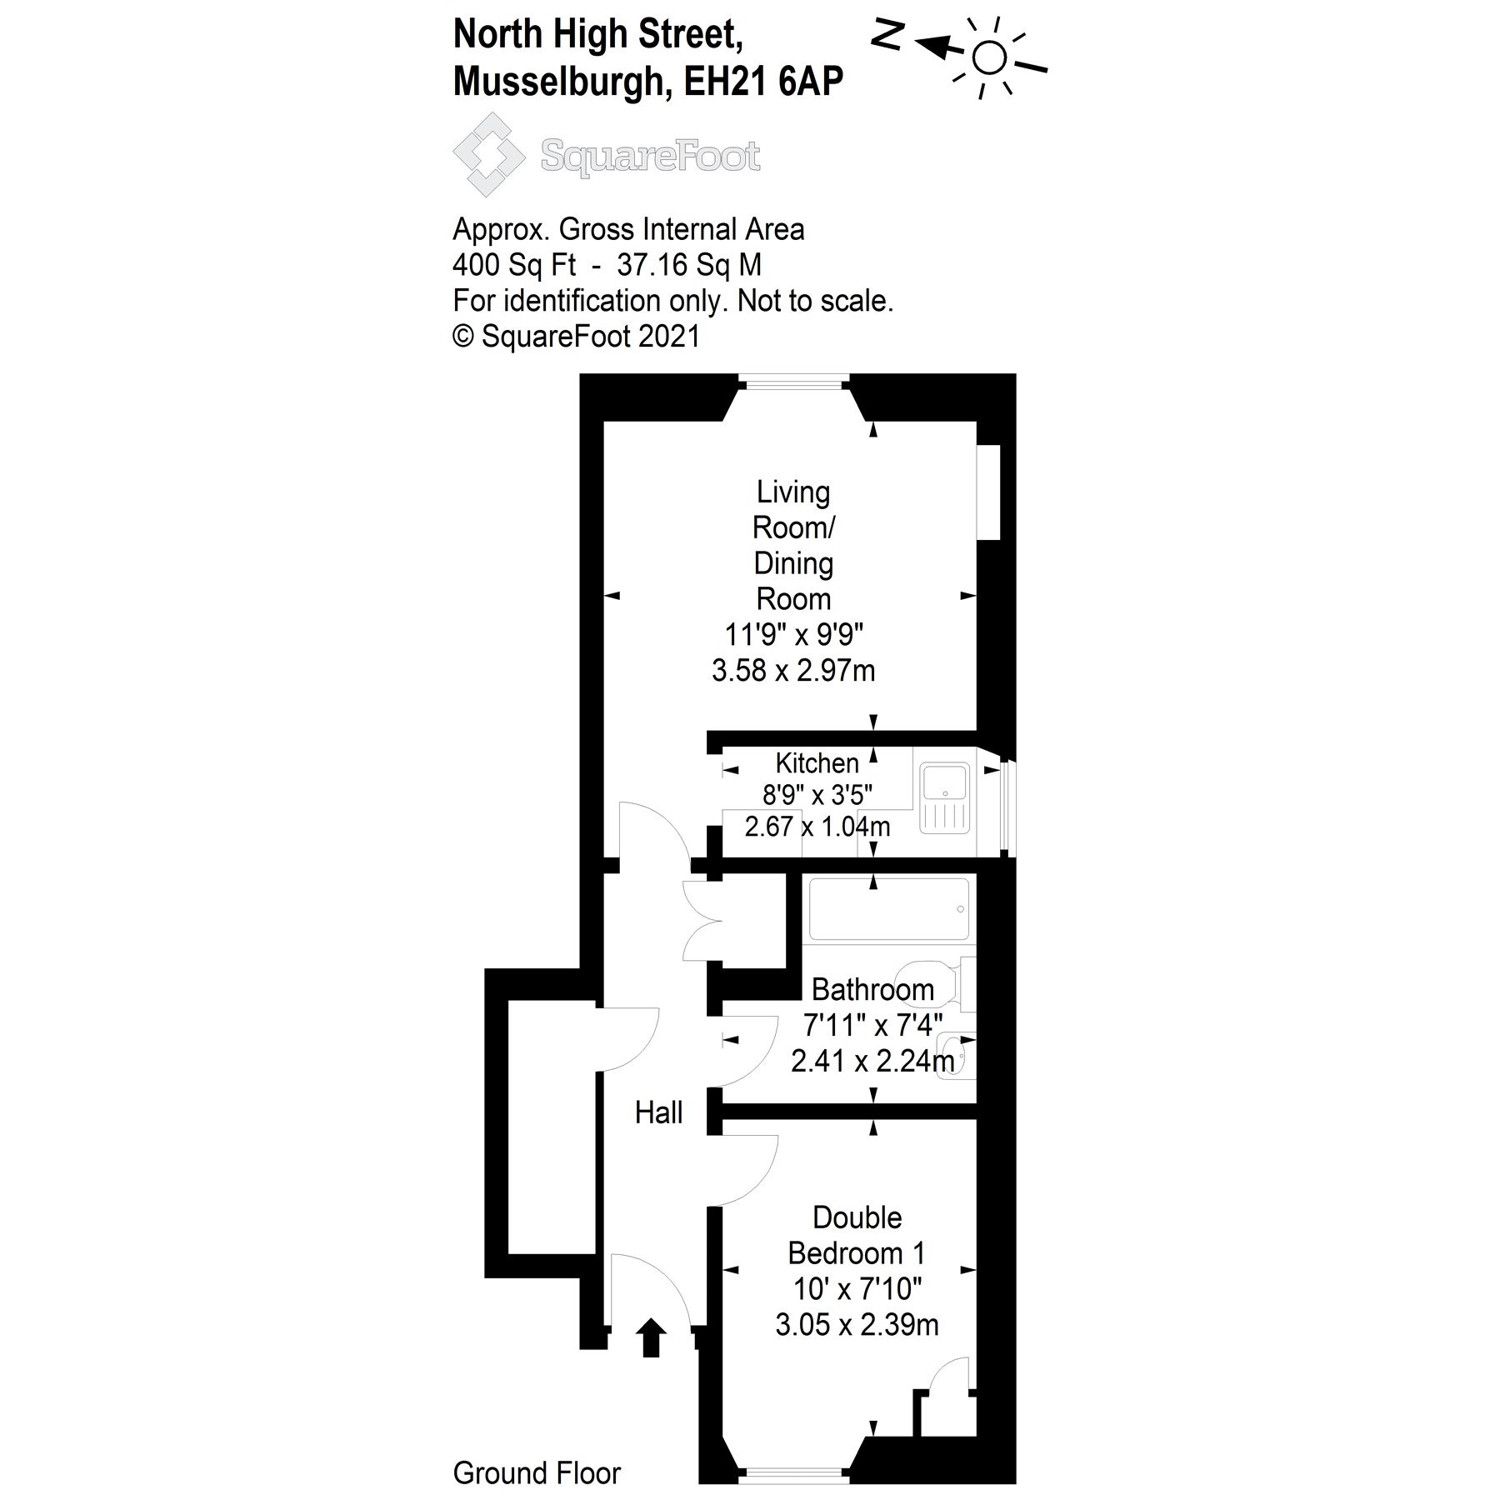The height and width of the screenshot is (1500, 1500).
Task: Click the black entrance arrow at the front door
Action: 651,1361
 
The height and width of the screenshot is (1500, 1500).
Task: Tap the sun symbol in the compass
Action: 989,58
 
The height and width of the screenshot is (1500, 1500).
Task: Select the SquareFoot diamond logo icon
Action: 488,155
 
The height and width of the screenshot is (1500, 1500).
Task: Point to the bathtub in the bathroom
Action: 888,909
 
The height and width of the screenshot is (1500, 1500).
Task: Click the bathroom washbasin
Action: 952,1056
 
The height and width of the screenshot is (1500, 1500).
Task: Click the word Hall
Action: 658,1112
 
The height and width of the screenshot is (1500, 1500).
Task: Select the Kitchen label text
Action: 817,763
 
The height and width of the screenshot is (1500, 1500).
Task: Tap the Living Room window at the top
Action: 792,384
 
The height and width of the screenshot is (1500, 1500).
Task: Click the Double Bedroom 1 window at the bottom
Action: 793,1476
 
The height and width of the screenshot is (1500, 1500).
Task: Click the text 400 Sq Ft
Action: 513,265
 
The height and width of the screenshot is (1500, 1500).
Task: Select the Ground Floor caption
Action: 537,1473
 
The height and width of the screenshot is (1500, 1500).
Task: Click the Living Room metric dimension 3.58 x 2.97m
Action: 793,671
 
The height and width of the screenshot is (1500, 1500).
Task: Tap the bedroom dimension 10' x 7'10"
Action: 857,1289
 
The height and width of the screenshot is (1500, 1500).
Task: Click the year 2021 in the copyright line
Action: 669,336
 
